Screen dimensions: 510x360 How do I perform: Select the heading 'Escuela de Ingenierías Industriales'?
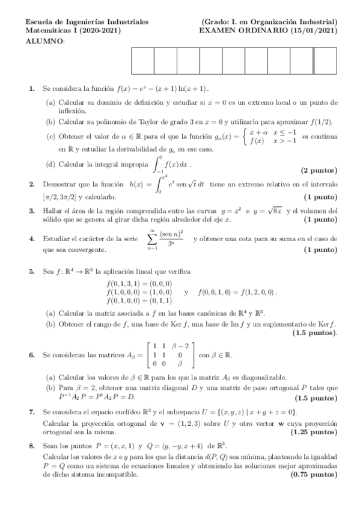[x=74, y=22]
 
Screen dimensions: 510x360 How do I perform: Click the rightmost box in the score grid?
[x=325, y=60]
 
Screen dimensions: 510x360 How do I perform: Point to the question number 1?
[x=32, y=89]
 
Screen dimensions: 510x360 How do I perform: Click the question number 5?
[x=32, y=272]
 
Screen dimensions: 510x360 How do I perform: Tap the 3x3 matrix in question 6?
[x=171, y=355]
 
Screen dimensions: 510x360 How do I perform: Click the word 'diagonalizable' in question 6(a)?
[x=248, y=377]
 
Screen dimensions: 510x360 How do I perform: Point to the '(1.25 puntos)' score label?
[x=314, y=432]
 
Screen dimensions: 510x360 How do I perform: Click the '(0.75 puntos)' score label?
[x=314, y=475]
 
